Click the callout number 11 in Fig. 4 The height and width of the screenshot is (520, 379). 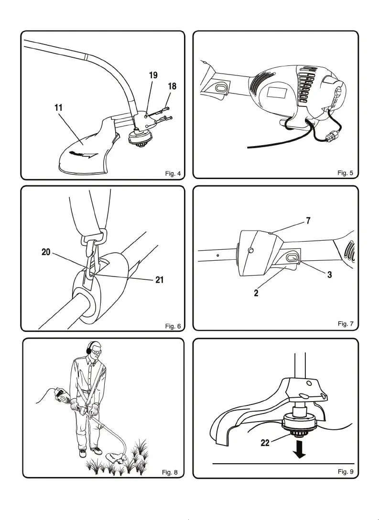[58, 108]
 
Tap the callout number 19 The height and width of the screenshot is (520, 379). [153, 75]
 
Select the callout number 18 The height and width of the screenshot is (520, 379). [172, 86]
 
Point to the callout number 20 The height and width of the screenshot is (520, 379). [46, 253]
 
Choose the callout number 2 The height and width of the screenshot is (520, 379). [257, 293]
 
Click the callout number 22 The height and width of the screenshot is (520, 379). [265, 443]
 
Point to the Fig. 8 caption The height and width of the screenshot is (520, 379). [170, 472]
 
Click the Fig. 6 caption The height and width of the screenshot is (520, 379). [173, 326]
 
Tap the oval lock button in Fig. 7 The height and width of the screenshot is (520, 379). [291, 258]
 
